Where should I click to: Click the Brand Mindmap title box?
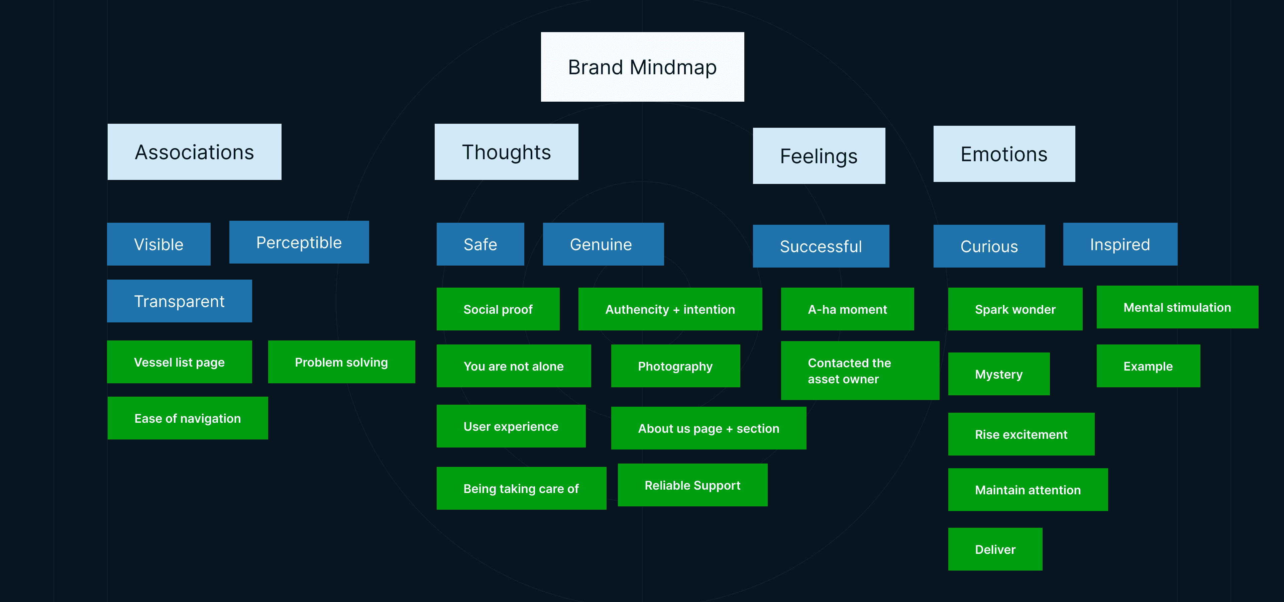pyautogui.click(x=642, y=67)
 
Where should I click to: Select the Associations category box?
pyautogui.click(x=194, y=152)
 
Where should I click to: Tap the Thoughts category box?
pyautogui.click(x=507, y=152)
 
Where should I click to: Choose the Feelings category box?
pyautogui.click(x=819, y=156)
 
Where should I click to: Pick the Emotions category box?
pyautogui.click(x=1004, y=154)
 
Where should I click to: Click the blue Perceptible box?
pyautogui.click(x=299, y=242)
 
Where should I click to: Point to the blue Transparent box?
pyautogui.click(x=180, y=301)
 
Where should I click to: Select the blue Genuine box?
pyautogui.click(x=603, y=244)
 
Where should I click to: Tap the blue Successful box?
pyautogui.click(x=821, y=246)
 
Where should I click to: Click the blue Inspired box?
pyautogui.click(x=1120, y=244)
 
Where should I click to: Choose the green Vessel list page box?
pyautogui.click(x=180, y=362)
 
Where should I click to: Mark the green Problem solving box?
pyautogui.click(x=341, y=362)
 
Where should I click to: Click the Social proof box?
pyautogui.click(x=498, y=309)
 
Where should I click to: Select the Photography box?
pyautogui.click(x=675, y=366)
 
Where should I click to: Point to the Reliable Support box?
pyautogui.click(x=693, y=485)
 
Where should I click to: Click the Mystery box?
pyautogui.click(x=999, y=374)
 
